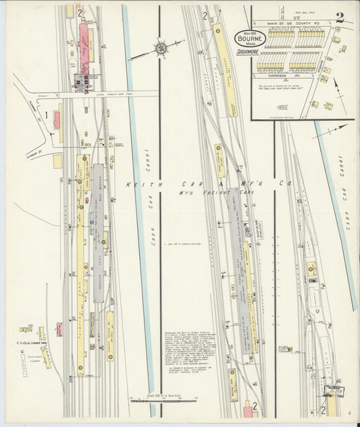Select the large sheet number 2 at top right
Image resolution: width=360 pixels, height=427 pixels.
coord(339,18)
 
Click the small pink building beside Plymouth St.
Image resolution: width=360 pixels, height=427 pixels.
coord(57,120)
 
